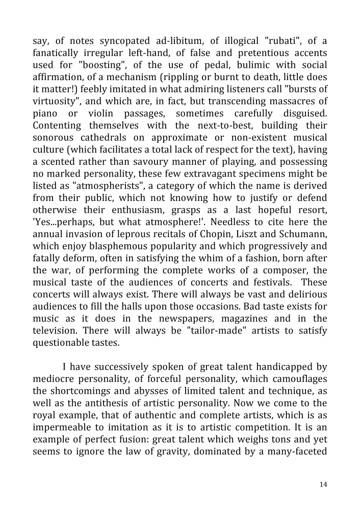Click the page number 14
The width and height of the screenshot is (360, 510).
(323, 484)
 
